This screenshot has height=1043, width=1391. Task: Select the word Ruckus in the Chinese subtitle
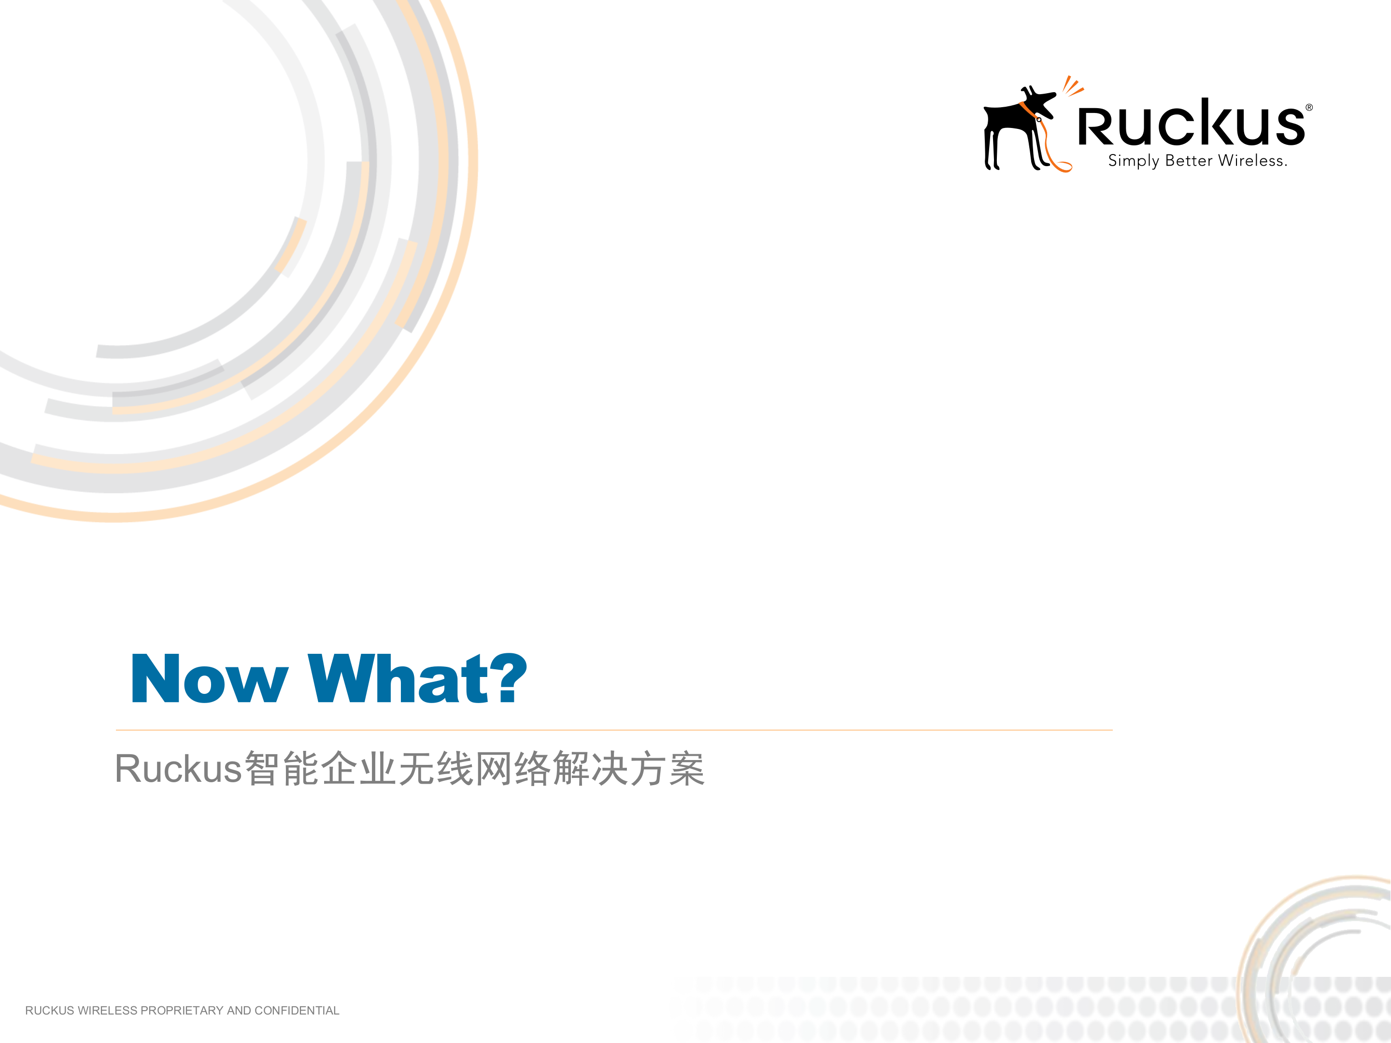point(179,769)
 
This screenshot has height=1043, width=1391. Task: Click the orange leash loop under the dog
point(1062,165)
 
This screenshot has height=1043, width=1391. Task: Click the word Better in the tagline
point(1189,161)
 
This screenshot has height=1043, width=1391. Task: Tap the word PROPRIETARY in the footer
point(182,1010)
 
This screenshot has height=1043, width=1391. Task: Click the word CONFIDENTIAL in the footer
point(297,1010)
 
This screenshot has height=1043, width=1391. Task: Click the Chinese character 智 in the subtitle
point(262,769)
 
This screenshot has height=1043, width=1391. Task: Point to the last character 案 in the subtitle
point(687,769)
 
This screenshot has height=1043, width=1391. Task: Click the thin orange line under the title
point(614,730)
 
